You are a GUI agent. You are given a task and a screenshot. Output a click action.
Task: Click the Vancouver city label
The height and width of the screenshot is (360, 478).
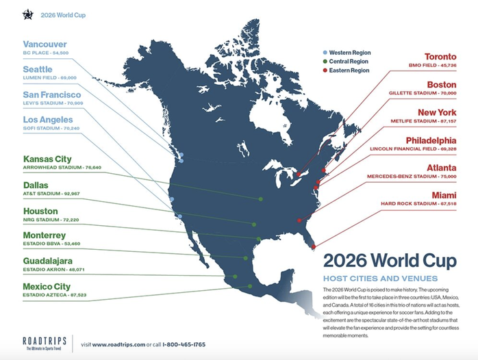(45, 43)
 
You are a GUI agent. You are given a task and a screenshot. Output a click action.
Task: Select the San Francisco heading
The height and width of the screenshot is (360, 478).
(52, 94)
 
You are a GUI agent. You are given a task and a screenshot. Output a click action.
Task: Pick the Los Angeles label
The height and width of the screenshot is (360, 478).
(48, 120)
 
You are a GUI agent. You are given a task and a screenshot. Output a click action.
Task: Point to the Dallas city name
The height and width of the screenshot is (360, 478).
(36, 185)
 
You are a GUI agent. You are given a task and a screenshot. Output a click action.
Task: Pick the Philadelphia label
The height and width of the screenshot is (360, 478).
(431, 140)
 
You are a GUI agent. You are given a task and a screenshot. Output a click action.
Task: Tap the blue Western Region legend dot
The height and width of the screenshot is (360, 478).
(325, 52)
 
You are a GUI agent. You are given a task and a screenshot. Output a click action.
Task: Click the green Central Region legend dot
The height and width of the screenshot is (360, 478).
(325, 62)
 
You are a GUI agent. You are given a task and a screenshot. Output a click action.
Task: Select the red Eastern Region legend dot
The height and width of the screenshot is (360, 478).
(325, 70)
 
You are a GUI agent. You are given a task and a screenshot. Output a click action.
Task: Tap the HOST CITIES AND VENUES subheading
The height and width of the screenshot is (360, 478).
(379, 279)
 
